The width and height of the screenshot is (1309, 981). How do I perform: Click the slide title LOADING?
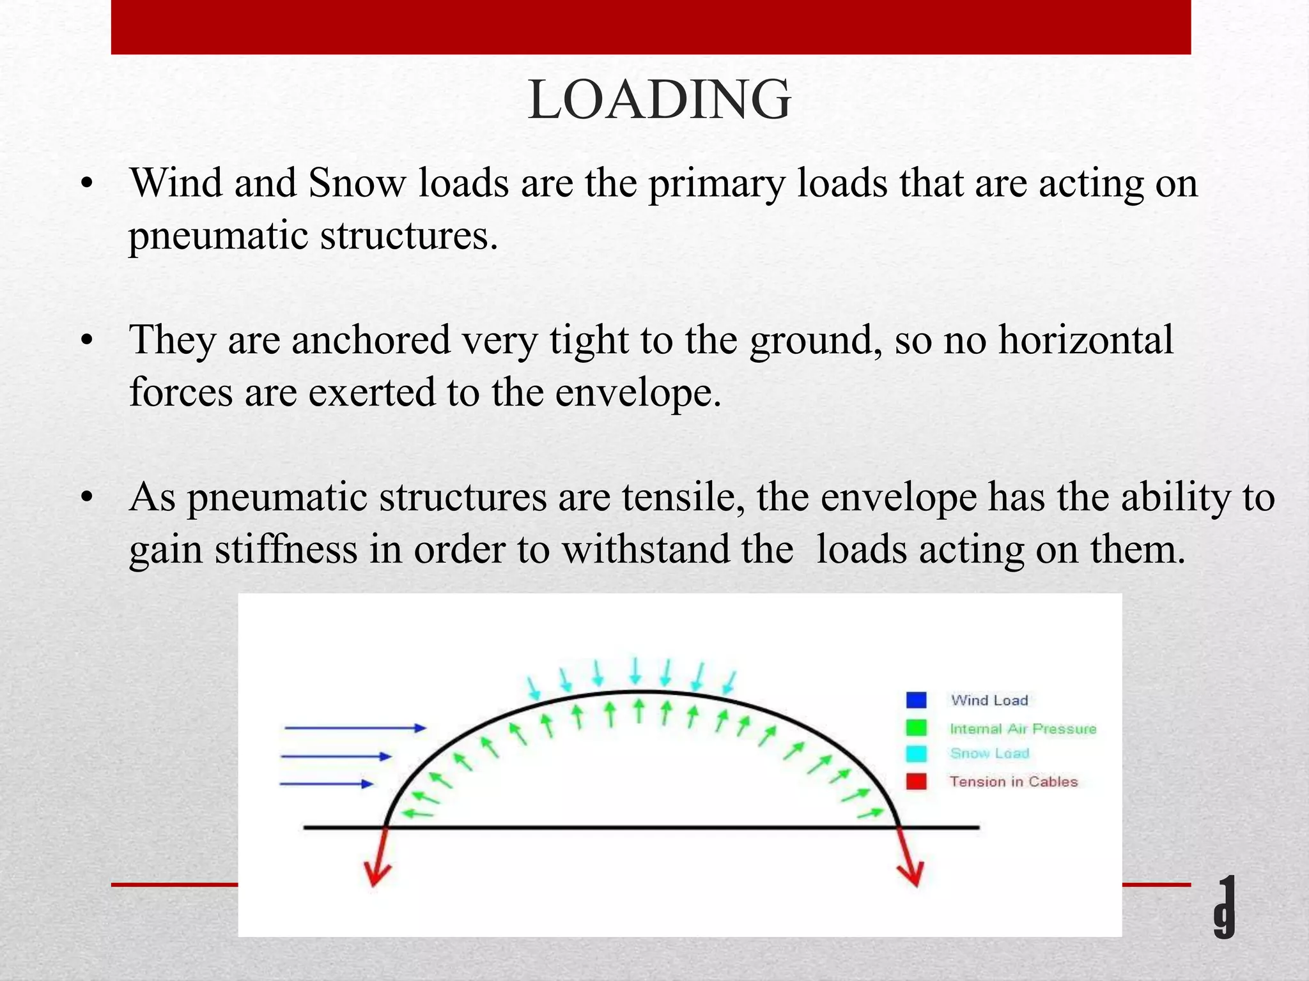[659, 100]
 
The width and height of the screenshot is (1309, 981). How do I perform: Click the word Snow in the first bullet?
[356, 183]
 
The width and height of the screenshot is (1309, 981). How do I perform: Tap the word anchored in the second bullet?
[371, 340]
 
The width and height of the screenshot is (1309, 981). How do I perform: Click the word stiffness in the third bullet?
[286, 549]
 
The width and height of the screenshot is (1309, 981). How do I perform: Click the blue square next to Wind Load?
[916, 700]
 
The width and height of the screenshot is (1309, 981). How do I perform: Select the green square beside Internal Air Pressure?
[916, 727]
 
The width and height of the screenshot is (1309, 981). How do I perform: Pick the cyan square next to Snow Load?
[916, 754]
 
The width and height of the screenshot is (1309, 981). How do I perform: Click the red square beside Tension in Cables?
[916, 781]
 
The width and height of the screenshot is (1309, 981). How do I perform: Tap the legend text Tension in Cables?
[1013, 781]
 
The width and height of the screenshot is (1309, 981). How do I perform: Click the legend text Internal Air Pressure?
[1023, 728]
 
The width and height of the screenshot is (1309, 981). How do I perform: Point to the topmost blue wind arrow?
[355, 727]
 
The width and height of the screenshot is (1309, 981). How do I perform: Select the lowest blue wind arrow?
[327, 784]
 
